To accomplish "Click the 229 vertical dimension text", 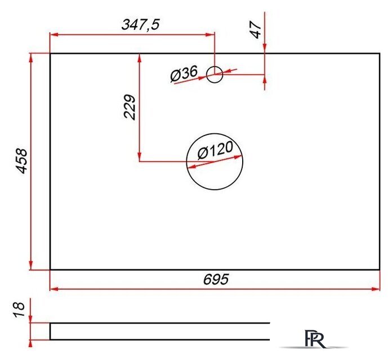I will pyautogui.click(x=130, y=107).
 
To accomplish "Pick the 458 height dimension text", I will pyautogui.click(x=21, y=161).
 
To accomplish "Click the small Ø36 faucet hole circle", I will pyautogui.click(x=215, y=74).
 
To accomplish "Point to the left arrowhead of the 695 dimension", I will pyautogui.click(x=54, y=289).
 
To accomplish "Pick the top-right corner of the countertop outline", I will pyautogui.click(x=380, y=53).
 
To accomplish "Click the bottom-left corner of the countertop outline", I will pyautogui.click(x=50, y=269).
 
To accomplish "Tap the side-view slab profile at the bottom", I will pyautogui.click(x=158, y=331).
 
